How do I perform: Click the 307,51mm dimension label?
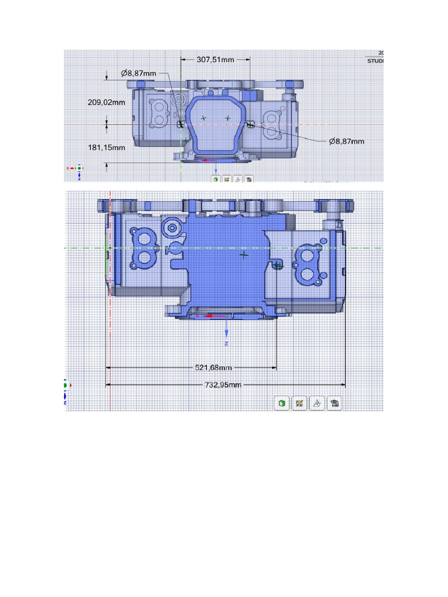click(215, 59)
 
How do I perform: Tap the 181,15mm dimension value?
click(107, 148)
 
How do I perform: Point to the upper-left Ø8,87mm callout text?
click(138, 73)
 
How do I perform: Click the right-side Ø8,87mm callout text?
click(346, 141)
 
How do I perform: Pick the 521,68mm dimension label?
click(212, 368)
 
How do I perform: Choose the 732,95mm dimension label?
click(222, 385)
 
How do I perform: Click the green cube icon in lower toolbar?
click(282, 403)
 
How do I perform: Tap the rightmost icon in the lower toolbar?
click(334, 403)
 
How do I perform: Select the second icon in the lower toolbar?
click(299, 403)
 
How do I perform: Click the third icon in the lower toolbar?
click(317, 403)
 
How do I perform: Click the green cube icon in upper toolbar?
click(216, 180)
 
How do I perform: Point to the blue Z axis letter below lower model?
click(226, 344)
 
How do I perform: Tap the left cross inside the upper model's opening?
click(204, 118)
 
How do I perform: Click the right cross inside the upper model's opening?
click(228, 118)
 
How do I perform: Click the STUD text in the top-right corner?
click(375, 60)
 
